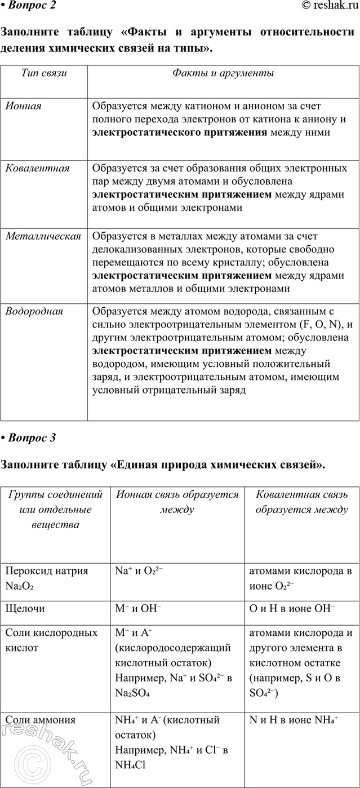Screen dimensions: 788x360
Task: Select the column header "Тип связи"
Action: point(44,73)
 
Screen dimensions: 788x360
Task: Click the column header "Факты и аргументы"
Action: point(223,73)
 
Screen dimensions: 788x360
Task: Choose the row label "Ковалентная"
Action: point(37,168)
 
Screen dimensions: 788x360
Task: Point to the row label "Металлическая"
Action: point(43,236)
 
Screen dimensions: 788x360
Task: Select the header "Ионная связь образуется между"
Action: point(177,502)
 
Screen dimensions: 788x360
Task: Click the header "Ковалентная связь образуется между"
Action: point(301,502)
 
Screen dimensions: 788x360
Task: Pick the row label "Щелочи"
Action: point(25,609)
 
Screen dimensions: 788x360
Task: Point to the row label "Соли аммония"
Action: point(39,720)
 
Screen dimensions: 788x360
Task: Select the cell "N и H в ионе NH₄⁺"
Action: point(293,720)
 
